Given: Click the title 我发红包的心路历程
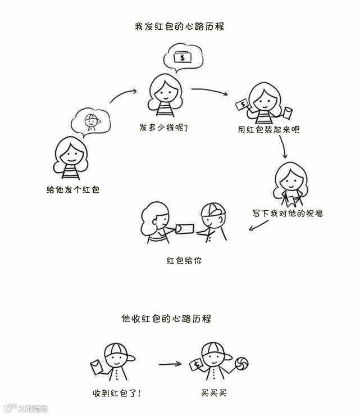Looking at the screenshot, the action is click(179, 26).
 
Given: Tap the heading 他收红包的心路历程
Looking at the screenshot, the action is click(166, 318).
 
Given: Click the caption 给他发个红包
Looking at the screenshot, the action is click(73, 190).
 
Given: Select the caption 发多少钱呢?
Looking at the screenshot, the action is click(164, 128).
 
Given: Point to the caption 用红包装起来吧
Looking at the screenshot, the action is click(268, 129).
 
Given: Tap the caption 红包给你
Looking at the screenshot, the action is click(184, 261).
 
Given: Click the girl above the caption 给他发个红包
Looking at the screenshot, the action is click(72, 160).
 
